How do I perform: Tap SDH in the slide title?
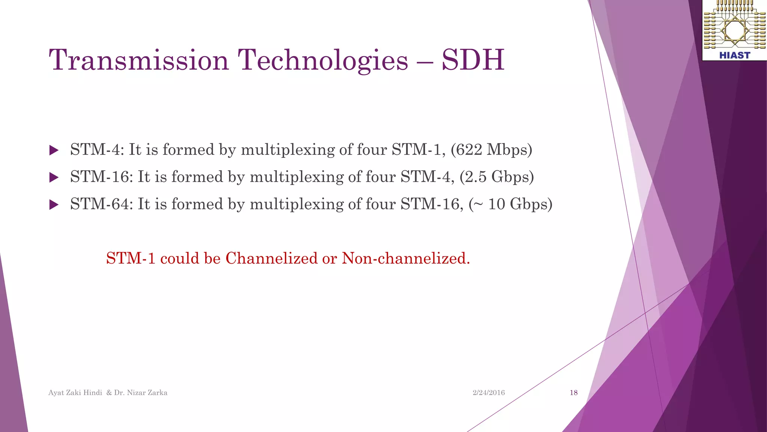[x=473, y=60]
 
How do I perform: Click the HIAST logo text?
[x=734, y=55]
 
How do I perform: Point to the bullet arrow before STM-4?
[x=54, y=150]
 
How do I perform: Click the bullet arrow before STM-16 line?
[x=54, y=177]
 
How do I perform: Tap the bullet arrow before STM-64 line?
[x=54, y=205]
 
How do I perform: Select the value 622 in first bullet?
[x=469, y=150]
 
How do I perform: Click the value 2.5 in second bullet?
[x=475, y=177]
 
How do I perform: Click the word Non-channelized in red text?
[x=406, y=258]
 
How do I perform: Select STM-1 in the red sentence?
[x=131, y=258]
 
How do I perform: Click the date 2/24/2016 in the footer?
[x=488, y=393]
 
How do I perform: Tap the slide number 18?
[x=573, y=393]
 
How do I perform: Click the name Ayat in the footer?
[x=56, y=393]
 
